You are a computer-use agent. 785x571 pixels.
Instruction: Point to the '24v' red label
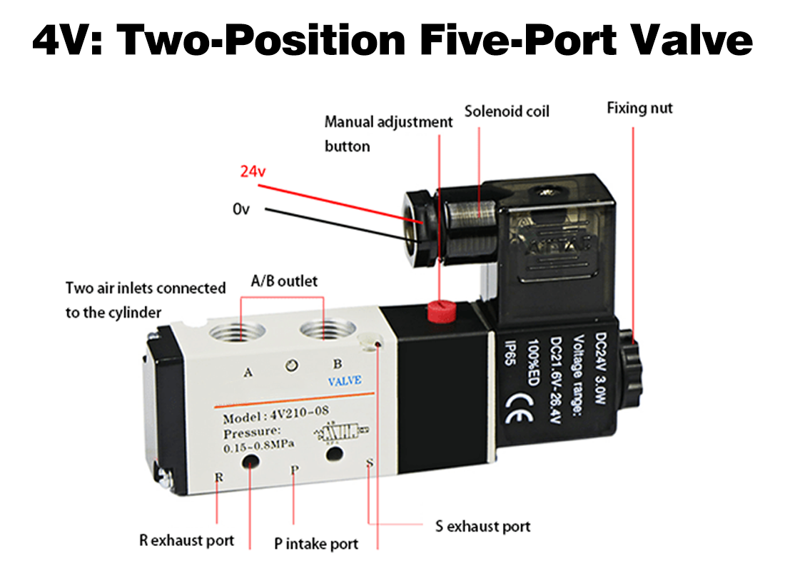click(253, 172)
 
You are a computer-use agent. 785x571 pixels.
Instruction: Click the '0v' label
click(240, 209)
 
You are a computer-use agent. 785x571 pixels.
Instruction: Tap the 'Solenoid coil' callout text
click(507, 111)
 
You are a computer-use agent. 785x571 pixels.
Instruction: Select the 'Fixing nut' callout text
click(639, 108)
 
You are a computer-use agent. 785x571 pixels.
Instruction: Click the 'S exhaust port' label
click(483, 527)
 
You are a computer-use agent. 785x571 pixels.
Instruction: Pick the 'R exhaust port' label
click(186, 540)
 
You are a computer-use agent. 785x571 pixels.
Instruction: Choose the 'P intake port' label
click(316, 544)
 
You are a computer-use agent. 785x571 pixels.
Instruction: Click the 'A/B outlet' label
click(283, 281)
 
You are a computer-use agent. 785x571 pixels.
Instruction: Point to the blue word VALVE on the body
click(345, 381)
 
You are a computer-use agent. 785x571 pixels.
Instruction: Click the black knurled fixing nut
click(631, 364)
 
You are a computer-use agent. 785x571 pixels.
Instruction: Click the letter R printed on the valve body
click(218, 477)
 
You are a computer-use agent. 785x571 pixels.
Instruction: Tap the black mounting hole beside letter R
click(251, 463)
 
